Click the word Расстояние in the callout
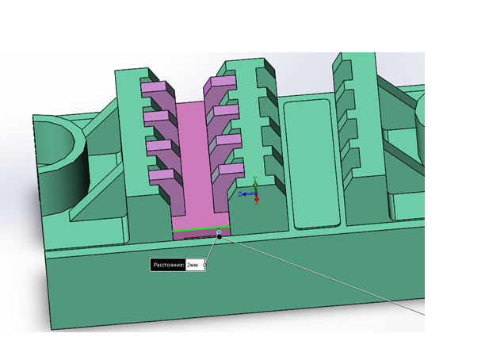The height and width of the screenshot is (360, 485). (x=168, y=266)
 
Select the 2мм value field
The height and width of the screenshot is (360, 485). (x=195, y=266)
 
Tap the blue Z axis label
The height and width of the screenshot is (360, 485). (x=240, y=194)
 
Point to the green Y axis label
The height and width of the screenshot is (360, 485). (x=255, y=178)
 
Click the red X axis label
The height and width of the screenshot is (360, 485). (x=257, y=202)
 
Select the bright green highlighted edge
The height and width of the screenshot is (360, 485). (x=201, y=229)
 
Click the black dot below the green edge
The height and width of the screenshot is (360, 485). (x=220, y=237)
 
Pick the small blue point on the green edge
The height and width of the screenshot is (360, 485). (x=219, y=232)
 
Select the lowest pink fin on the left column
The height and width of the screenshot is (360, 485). (x=162, y=175)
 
